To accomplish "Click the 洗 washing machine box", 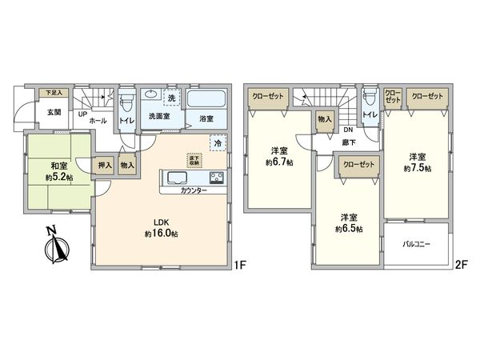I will [x=171, y=98].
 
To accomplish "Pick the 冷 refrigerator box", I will [x=218, y=142].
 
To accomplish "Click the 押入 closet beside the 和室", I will [x=105, y=164].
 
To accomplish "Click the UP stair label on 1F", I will [x=82, y=113].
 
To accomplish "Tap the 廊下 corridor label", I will [x=350, y=141].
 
